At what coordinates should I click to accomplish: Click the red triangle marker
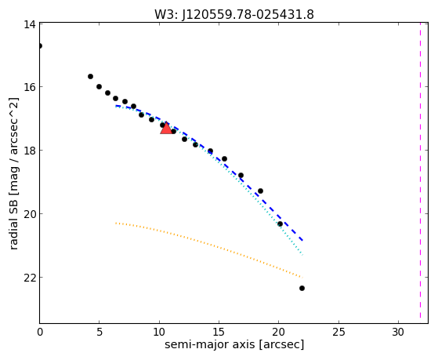pyautogui.click(x=166, y=128)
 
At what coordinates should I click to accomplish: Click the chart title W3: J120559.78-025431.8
pyautogui.click(x=234, y=15)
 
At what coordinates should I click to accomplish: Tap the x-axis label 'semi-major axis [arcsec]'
pyautogui.click(x=234, y=344)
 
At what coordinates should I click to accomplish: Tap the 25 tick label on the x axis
pyautogui.click(x=338, y=333)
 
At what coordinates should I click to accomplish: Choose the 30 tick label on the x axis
pyautogui.click(x=398, y=333)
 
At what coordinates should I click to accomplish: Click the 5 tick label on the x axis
pyautogui.click(x=100, y=333)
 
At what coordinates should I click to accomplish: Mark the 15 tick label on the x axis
pyautogui.click(x=219, y=333)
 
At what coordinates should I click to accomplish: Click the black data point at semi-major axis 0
pyautogui.click(x=40, y=45)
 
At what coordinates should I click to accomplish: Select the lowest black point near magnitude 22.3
pyautogui.click(x=302, y=288)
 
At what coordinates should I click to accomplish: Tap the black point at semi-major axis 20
pyautogui.click(x=280, y=224)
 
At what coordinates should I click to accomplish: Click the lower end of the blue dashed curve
pyautogui.click(x=302, y=240)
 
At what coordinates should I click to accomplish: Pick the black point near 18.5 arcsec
pyautogui.click(x=260, y=191)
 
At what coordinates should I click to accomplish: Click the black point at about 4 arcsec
pyautogui.click(x=91, y=76)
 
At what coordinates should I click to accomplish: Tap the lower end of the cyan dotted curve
pyautogui.click(x=302, y=255)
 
